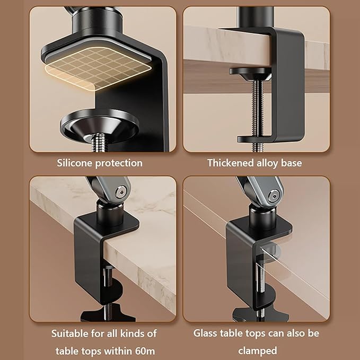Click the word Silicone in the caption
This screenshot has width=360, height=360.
[x=74, y=163]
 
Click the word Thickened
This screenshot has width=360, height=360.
[x=231, y=163]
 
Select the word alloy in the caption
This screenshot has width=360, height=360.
[x=269, y=163]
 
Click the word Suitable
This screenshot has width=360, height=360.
[x=69, y=334]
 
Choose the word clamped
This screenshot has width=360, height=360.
[x=257, y=351]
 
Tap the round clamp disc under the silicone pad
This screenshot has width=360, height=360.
[x=99, y=123]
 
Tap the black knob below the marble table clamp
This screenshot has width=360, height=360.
[x=108, y=314]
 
